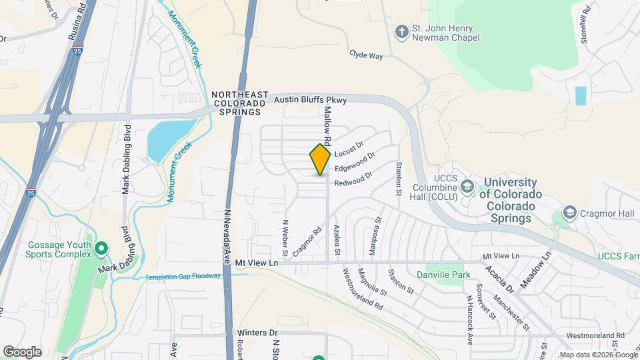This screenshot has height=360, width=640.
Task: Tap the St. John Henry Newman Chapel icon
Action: (x=401, y=31)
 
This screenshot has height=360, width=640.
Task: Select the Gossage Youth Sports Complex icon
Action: (x=101, y=250)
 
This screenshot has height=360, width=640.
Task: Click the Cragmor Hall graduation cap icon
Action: (x=570, y=213)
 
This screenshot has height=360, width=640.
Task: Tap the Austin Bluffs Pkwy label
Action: (x=311, y=100)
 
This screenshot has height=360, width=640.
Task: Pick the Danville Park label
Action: (x=443, y=275)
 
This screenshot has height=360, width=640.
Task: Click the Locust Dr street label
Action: (x=349, y=145)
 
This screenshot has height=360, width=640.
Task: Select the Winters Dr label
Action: (x=254, y=332)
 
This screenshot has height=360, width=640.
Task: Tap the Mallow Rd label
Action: (x=328, y=122)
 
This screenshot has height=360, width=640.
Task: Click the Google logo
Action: (x=22, y=351)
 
